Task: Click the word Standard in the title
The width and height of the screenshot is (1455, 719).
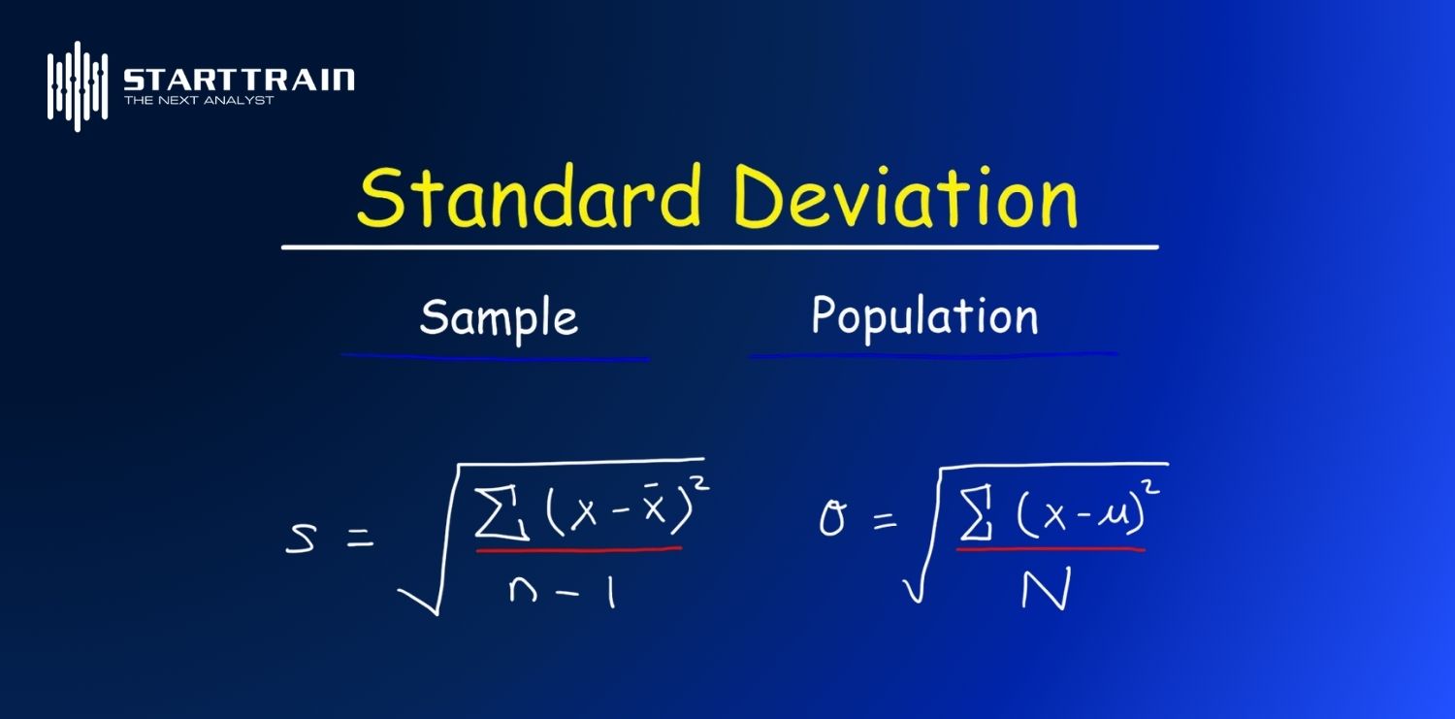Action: pyautogui.click(x=529, y=196)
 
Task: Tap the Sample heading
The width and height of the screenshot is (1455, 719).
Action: pyautogui.click(x=499, y=318)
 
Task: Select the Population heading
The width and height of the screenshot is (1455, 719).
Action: pyautogui.click(x=925, y=317)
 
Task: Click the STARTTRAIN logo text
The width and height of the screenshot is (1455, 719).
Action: pyautogui.click(x=239, y=80)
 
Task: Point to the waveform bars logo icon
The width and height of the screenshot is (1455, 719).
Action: pyautogui.click(x=78, y=86)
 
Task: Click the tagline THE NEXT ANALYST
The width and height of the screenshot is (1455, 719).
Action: pyautogui.click(x=199, y=100)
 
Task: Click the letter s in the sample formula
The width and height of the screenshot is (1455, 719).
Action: pyautogui.click(x=301, y=539)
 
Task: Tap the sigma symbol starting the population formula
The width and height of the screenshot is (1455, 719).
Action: pyautogui.click(x=832, y=519)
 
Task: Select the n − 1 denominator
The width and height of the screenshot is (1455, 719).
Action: pyautogui.click(x=562, y=592)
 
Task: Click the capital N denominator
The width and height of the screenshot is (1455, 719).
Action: pyautogui.click(x=1045, y=590)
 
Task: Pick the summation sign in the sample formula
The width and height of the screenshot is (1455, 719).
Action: pyautogui.click(x=501, y=513)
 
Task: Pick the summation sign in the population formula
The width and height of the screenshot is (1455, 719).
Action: pyautogui.click(x=976, y=513)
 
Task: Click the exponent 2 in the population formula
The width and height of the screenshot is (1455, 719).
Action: pyautogui.click(x=1151, y=487)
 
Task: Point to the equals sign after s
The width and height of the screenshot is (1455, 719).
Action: pyautogui.click(x=361, y=538)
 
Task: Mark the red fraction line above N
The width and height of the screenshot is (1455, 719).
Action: pyautogui.click(x=1051, y=549)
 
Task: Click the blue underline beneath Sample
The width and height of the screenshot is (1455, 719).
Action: pyautogui.click(x=495, y=357)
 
